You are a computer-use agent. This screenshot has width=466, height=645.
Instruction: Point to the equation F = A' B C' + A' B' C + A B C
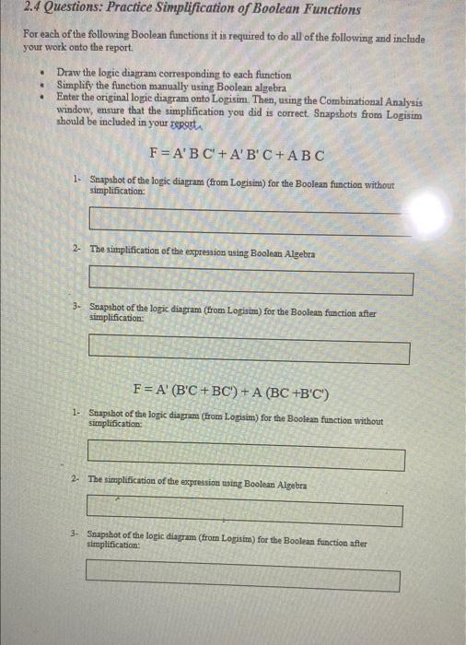point(235,154)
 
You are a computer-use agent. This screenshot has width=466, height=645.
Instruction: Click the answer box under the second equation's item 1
point(246,455)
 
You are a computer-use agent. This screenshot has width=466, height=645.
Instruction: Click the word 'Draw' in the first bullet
point(68,71)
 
